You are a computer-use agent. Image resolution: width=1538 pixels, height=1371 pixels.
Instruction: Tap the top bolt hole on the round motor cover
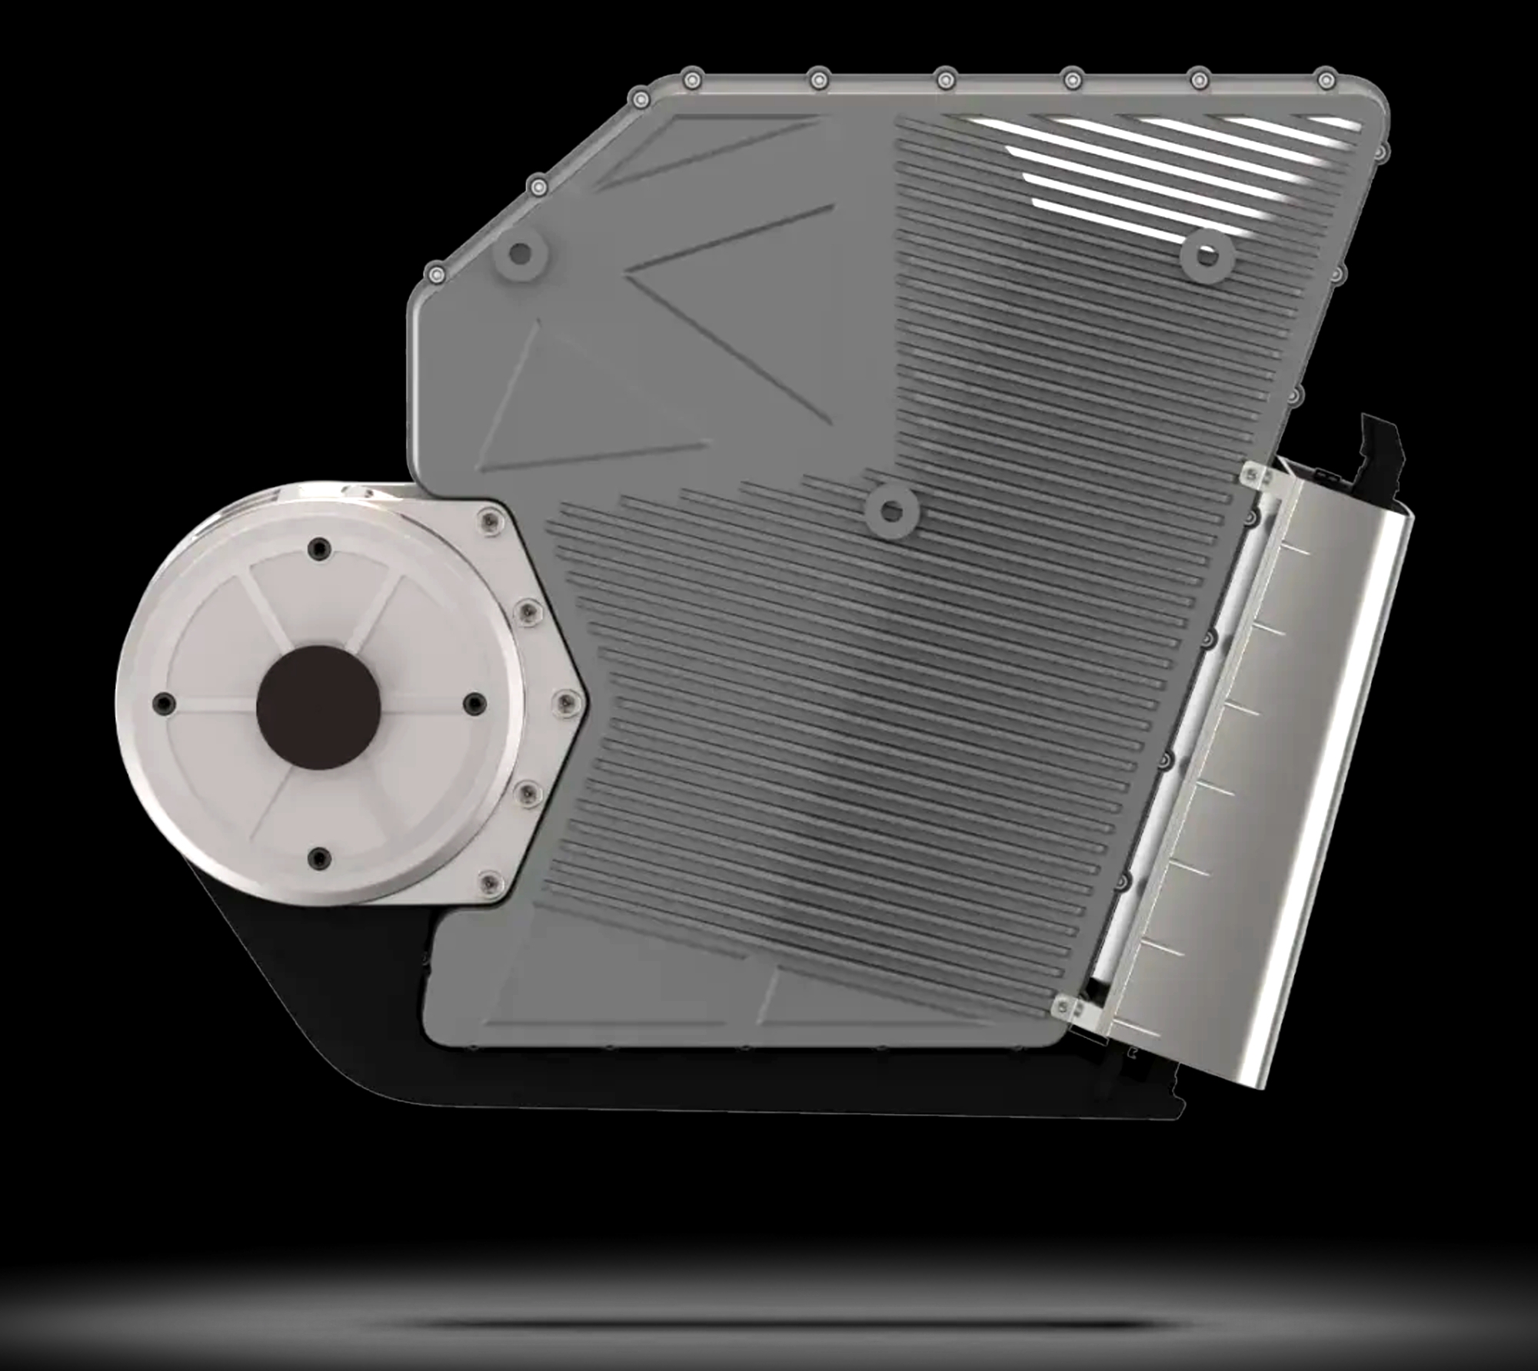pyautogui.click(x=318, y=549)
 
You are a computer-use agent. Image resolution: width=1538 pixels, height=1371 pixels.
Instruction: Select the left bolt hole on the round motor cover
pyautogui.click(x=164, y=703)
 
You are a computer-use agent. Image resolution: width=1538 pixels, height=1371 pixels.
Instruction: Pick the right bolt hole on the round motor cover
pyautogui.click(x=475, y=703)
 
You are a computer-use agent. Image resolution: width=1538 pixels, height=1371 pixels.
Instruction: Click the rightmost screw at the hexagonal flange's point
pyautogui.click(x=565, y=700)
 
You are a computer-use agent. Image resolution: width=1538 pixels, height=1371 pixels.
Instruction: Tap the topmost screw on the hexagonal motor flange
pyautogui.click(x=487, y=522)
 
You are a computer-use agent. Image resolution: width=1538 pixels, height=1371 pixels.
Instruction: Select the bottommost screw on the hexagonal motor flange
pyautogui.click(x=488, y=883)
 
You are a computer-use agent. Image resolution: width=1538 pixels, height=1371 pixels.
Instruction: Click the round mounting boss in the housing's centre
pyautogui.click(x=892, y=510)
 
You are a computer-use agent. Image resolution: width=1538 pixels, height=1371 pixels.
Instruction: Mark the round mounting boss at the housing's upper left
pyautogui.click(x=521, y=253)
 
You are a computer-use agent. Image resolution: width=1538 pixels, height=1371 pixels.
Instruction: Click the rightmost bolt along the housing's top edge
pyautogui.click(x=1326, y=78)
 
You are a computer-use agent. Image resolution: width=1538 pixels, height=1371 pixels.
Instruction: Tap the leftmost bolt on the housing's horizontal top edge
pyautogui.click(x=693, y=78)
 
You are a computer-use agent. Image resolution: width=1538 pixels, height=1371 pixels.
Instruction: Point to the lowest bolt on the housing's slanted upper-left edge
pyautogui.click(x=436, y=274)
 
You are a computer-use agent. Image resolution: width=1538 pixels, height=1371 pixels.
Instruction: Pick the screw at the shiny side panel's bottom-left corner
pyautogui.click(x=1066, y=1004)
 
